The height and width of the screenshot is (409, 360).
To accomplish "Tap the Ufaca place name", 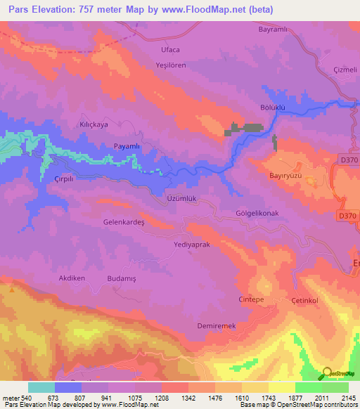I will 171,49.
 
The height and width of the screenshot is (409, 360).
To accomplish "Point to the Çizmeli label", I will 345,70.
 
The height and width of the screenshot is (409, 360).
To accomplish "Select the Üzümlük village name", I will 181,198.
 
